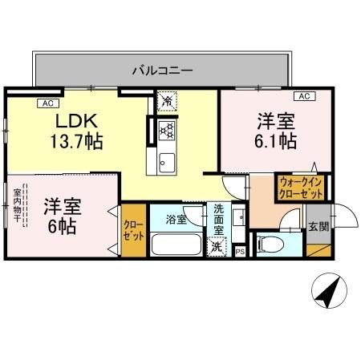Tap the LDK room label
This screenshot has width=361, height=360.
[76, 121]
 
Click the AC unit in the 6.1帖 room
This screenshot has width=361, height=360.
[305, 97]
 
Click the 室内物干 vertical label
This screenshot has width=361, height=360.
[17, 211]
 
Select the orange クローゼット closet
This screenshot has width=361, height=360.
[132, 232]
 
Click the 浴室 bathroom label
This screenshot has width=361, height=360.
[176, 218]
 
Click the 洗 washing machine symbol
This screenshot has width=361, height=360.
[216, 248]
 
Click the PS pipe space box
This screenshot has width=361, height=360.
[240, 251]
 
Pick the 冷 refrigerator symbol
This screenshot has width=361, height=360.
[167, 102]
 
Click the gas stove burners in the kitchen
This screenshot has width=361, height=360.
[167, 129]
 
